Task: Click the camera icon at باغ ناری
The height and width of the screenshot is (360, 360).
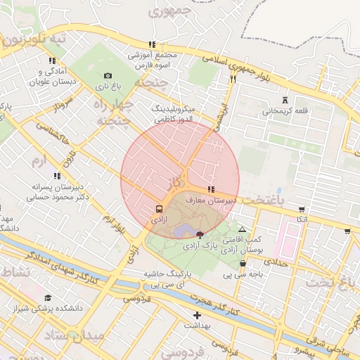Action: pyautogui.click(x=108, y=76)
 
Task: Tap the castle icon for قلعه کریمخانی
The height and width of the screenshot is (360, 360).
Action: pyautogui.click(x=284, y=100)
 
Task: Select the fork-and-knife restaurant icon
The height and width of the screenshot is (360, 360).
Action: pyautogui.click(x=232, y=79)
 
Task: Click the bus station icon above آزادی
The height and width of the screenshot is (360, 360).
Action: pyautogui.click(x=160, y=210)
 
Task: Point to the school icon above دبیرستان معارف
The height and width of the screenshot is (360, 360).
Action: pyautogui.click(x=212, y=189)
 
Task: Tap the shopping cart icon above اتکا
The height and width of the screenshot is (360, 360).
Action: pyautogui.click(x=302, y=210)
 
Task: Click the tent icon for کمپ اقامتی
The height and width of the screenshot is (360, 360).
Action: pyautogui.click(x=243, y=229)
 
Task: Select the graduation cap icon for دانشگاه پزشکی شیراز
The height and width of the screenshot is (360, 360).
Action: pyautogui.click(x=48, y=298)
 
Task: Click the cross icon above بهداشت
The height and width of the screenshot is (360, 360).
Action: pyautogui.click(x=197, y=315)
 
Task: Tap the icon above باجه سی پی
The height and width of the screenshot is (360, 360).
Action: pyautogui.click(x=243, y=264)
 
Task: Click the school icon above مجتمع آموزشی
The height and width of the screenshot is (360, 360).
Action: pyautogui.click(x=151, y=44)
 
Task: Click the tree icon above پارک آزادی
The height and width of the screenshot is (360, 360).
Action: pyautogui.click(x=200, y=235)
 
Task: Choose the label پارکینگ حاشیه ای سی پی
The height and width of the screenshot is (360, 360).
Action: pyautogui.click(x=169, y=278)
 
